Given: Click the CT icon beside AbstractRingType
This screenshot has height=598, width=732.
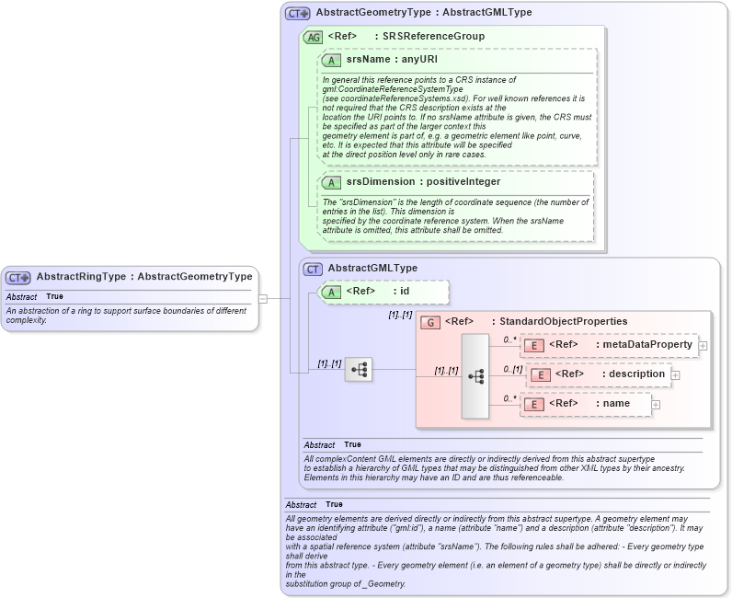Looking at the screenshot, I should click(x=18, y=277).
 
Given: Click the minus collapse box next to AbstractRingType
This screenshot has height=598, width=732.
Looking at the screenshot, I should click(x=262, y=298).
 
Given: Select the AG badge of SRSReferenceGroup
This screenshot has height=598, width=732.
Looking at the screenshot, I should click(x=313, y=37).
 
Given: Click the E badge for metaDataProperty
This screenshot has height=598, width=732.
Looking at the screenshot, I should click(x=534, y=345).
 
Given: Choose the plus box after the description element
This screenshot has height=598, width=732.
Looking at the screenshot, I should click(x=676, y=374).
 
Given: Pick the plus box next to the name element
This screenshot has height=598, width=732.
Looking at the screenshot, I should click(x=656, y=403).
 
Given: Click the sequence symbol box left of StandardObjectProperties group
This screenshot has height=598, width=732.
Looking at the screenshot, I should click(x=359, y=370).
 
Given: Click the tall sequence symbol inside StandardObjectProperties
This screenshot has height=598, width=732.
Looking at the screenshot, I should click(x=475, y=375).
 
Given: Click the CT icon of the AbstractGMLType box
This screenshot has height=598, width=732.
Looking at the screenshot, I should click(x=313, y=269).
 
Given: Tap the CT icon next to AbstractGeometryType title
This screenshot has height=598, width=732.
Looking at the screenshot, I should click(x=298, y=14).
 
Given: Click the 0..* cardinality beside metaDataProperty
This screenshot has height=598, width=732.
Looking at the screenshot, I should click(x=509, y=339).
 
